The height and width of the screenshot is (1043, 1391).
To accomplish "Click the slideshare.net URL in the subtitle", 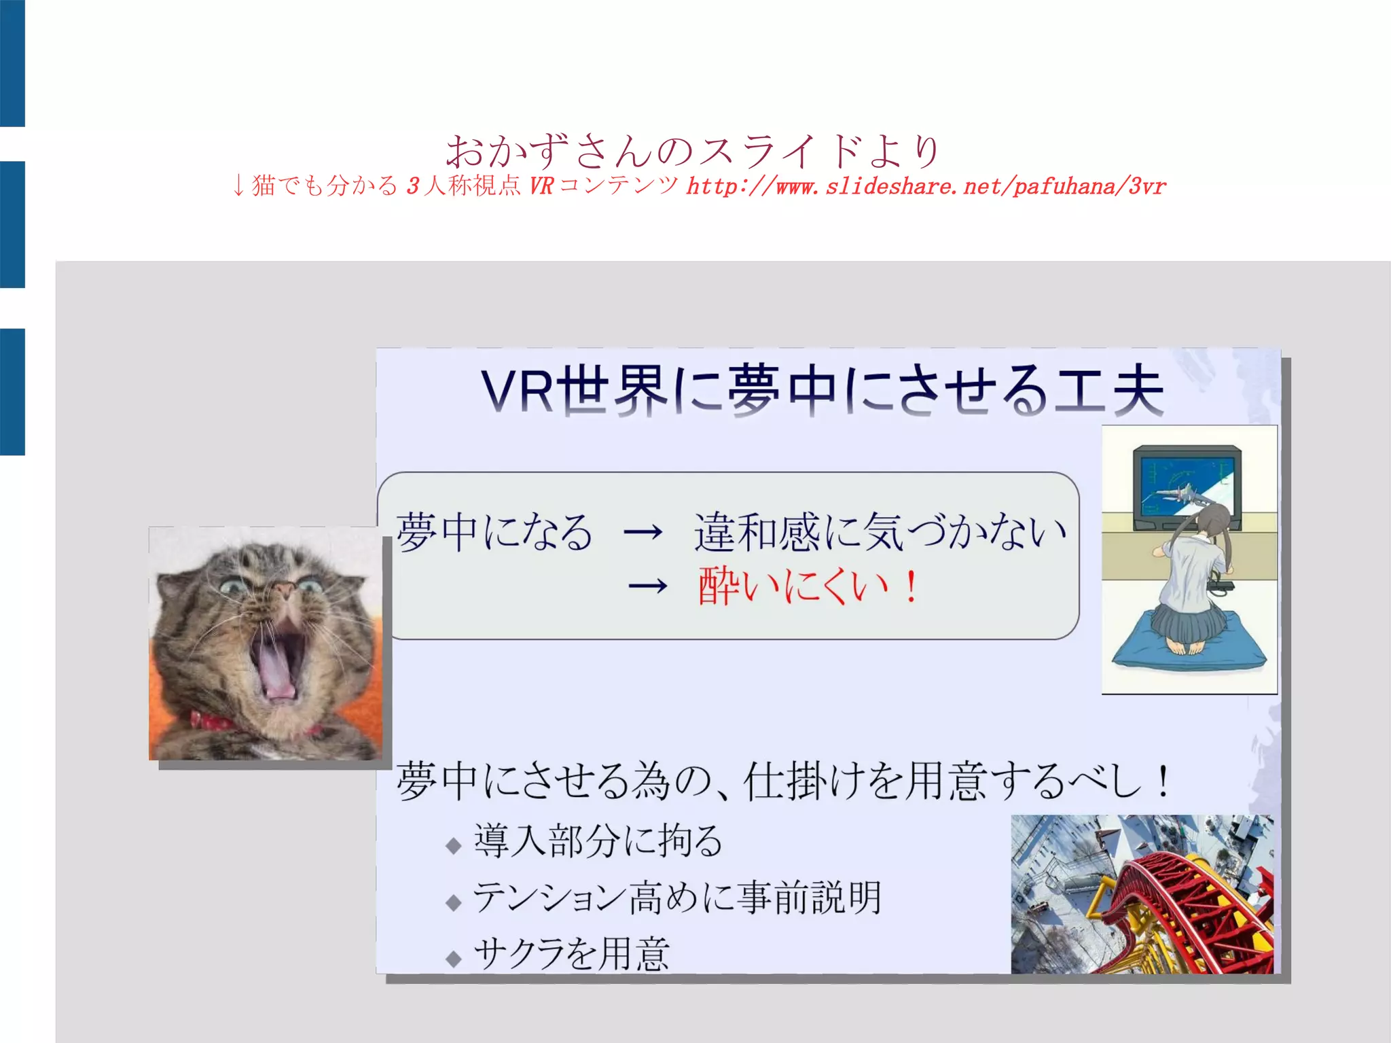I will click(926, 186).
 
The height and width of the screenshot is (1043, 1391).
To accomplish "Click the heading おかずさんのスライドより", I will click(693, 151).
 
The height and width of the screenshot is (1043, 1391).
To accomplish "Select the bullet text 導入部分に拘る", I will click(598, 841).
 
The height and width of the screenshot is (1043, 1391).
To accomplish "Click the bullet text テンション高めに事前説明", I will click(676, 897).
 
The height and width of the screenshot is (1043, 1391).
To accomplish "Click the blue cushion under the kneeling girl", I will click(1189, 646).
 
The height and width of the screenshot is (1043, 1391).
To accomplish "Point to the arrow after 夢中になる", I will click(643, 531).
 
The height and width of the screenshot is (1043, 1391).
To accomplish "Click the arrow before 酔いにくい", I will click(647, 586).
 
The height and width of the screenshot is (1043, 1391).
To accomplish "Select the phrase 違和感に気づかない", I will click(880, 531).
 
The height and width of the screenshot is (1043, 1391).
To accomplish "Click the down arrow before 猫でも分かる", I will click(238, 185).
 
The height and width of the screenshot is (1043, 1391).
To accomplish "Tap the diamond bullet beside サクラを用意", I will click(454, 959).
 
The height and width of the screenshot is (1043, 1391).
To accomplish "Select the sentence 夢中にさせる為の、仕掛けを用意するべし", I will click(781, 781).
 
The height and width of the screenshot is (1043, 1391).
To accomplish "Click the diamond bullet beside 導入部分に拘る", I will click(454, 846).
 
